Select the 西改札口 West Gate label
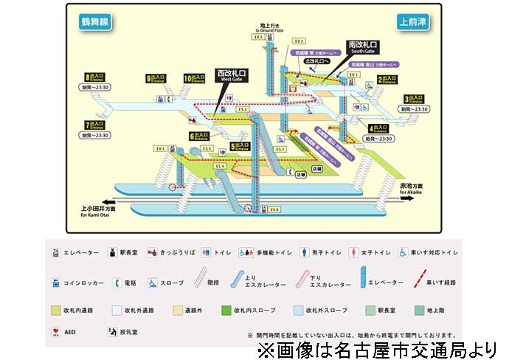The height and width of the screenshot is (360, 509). [x=232, y=75]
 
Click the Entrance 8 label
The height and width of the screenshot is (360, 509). [x=96, y=77]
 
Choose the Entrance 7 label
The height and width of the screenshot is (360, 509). [x=96, y=125]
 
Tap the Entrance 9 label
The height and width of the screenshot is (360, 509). [x=157, y=78]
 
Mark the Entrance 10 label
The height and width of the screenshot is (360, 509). [x=195, y=78]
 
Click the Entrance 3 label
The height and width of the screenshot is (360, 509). [x=414, y=99]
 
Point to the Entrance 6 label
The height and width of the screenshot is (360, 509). [x=200, y=136]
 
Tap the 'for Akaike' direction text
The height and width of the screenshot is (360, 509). [x=412, y=192]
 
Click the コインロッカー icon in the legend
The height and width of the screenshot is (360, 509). [x=56, y=283]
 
